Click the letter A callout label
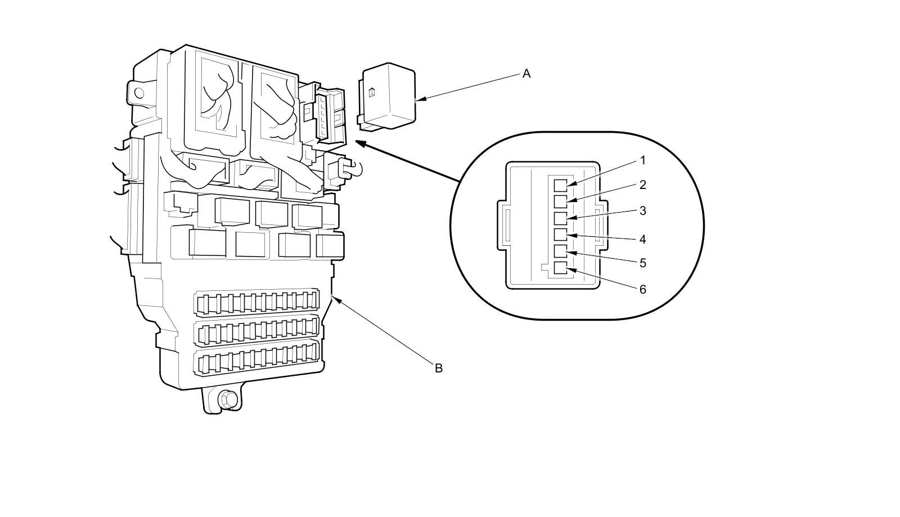pyautogui.click(x=526, y=74)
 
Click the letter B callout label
pyautogui.click(x=439, y=368)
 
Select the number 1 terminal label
pyautogui.click(x=642, y=161)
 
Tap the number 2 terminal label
pyautogui.click(x=642, y=185)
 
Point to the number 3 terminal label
pyautogui.click(x=642, y=211)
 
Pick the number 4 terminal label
pyautogui.click(x=642, y=240)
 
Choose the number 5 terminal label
pyautogui.click(x=642, y=263)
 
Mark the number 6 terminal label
pyautogui.click(x=642, y=290)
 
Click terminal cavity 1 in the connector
pyautogui.click(x=560, y=185)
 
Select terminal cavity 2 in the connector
pyautogui.click(x=560, y=201)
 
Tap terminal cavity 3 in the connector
pyautogui.click(x=560, y=218)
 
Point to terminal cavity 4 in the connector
pyautogui.click(x=560, y=235)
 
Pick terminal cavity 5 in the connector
pyautogui.click(x=560, y=251)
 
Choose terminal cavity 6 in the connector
pyautogui.click(x=560, y=268)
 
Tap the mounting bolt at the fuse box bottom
pyautogui.click(x=228, y=399)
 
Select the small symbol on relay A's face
pyautogui.click(x=372, y=93)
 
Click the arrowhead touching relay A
pyautogui.click(x=420, y=100)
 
